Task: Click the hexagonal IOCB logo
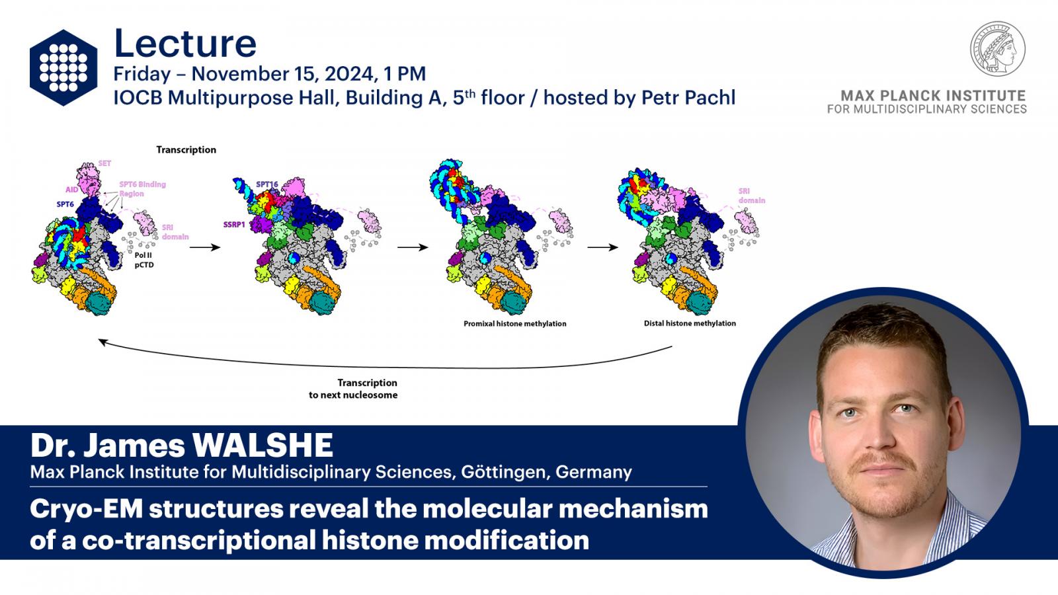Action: pos(63,67)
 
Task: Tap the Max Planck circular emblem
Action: pos(998,49)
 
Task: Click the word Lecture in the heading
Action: pos(185,44)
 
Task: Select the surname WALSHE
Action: pos(262,446)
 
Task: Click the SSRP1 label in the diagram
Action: pos(234,225)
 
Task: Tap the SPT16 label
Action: pos(267,184)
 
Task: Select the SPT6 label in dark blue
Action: pos(65,204)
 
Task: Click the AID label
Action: pos(72,190)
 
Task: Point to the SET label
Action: pos(104,163)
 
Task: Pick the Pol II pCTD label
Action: pos(143,260)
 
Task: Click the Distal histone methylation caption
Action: pos(690,323)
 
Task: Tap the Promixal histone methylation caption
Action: pos(515,324)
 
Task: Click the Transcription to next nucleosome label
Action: pos(353,389)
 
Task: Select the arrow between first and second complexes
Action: pos(205,247)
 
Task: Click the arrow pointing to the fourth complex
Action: pos(602,247)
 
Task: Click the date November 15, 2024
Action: pos(282,73)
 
